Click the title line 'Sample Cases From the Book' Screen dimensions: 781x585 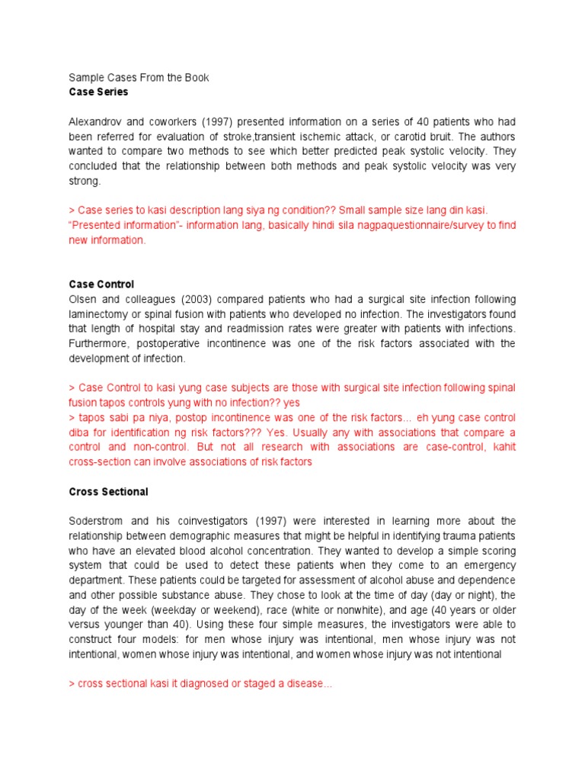(x=139, y=78)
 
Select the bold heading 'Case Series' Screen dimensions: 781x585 (x=98, y=92)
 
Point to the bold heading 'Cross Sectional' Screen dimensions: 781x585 (x=108, y=492)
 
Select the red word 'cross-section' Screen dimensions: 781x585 (x=99, y=462)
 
